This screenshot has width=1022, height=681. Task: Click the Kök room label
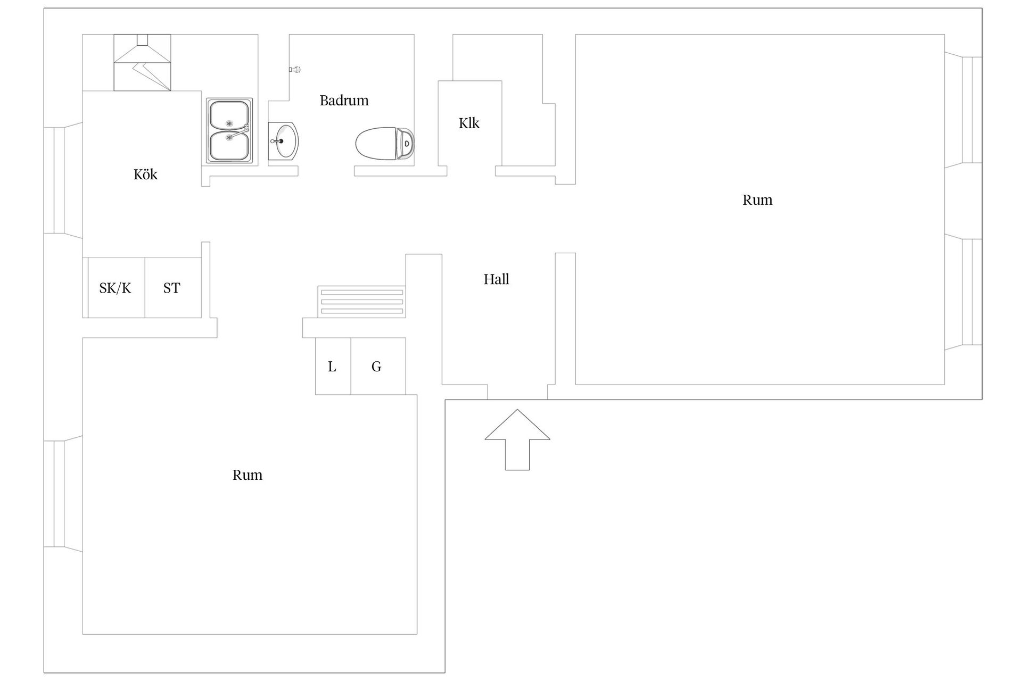pyautogui.click(x=145, y=175)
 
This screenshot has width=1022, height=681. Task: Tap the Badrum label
pyautogui.click(x=344, y=101)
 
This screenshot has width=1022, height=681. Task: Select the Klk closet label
pyautogui.click(x=469, y=123)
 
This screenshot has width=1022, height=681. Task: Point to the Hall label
pyautogui.click(x=496, y=279)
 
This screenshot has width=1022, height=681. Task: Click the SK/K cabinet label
pyautogui.click(x=115, y=288)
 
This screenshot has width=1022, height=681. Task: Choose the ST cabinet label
pyautogui.click(x=171, y=288)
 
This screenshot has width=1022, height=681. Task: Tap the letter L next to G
pyautogui.click(x=332, y=367)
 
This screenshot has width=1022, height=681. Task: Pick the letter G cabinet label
pyautogui.click(x=376, y=367)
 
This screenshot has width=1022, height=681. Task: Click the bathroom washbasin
pyautogui.click(x=283, y=141)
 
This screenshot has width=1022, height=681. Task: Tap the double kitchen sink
pyautogui.click(x=229, y=130)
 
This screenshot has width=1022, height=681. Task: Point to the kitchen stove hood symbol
pyautogui.click(x=142, y=62)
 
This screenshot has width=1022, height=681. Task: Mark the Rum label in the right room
pyautogui.click(x=757, y=200)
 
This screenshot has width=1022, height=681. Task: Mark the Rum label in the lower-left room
pyautogui.click(x=248, y=475)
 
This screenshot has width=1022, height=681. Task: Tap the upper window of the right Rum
pyautogui.click(x=967, y=110)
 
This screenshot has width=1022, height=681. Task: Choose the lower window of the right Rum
pyautogui.click(x=967, y=292)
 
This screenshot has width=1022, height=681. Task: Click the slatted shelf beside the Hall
pyautogui.click(x=361, y=302)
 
